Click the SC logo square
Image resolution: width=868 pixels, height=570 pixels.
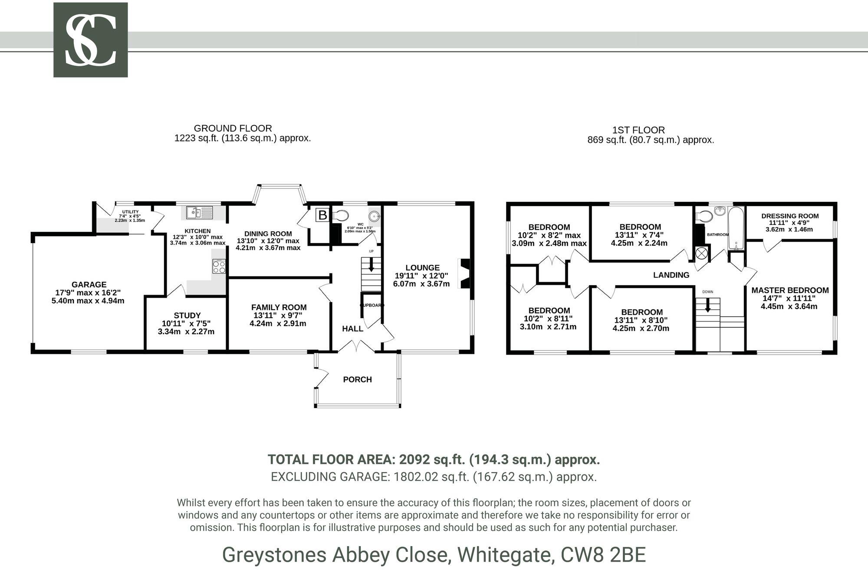(x=90, y=40)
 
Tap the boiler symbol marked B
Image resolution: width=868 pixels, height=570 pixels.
(x=322, y=215)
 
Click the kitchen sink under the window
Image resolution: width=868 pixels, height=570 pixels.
(x=200, y=212)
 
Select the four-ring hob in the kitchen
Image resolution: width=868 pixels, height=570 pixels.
(x=219, y=266)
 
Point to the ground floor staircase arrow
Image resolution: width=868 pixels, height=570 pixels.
(x=371, y=265)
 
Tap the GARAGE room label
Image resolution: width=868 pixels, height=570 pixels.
(x=89, y=284)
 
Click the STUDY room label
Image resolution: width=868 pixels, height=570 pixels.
(x=187, y=315)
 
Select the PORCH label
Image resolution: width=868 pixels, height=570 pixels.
(x=357, y=379)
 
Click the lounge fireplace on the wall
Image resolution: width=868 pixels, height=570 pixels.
(x=465, y=273)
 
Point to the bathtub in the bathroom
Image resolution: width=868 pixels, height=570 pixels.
(x=736, y=228)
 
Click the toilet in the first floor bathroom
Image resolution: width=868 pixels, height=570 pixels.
(x=704, y=216)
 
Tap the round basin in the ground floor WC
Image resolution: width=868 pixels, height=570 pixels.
(x=374, y=215)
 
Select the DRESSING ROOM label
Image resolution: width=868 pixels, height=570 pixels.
(x=790, y=216)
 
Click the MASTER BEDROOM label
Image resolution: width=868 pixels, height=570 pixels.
(x=790, y=290)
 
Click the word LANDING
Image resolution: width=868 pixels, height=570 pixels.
(x=671, y=275)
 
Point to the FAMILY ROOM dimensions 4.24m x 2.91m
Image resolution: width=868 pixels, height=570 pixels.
(x=278, y=323)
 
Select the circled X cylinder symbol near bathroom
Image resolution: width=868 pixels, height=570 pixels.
(x=701, y=253)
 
